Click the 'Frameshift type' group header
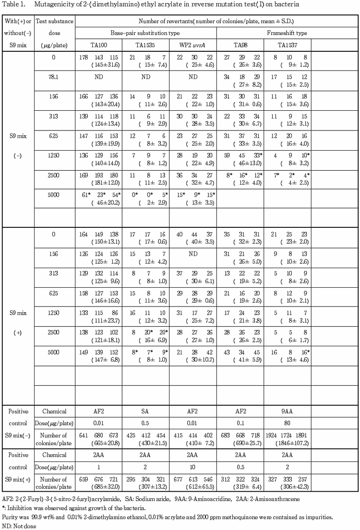287,33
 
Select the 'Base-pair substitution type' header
145,33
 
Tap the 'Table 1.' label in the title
13,5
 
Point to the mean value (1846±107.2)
287,440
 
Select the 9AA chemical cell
287,411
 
